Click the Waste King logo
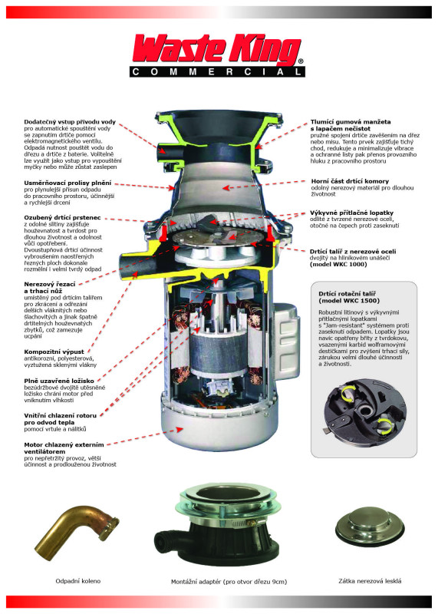coord(217,50)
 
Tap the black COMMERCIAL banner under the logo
coord(217,71)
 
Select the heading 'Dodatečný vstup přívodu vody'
coord(70,122)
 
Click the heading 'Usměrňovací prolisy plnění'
coord(68,183)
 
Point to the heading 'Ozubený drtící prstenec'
coord(63,217)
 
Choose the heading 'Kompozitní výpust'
coord(54,352)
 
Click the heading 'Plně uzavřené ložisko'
coord(59,381)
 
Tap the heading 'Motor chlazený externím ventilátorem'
coord(64,448)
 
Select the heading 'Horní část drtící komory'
coord(350,181)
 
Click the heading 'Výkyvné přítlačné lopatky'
coord(352,213)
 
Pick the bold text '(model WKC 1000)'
coord(338,264)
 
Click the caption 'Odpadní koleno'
coord(78,581)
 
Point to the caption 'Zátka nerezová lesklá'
coord(370,581)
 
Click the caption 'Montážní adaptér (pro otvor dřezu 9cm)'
coord(229,582)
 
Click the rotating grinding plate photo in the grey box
coord(364,414)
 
